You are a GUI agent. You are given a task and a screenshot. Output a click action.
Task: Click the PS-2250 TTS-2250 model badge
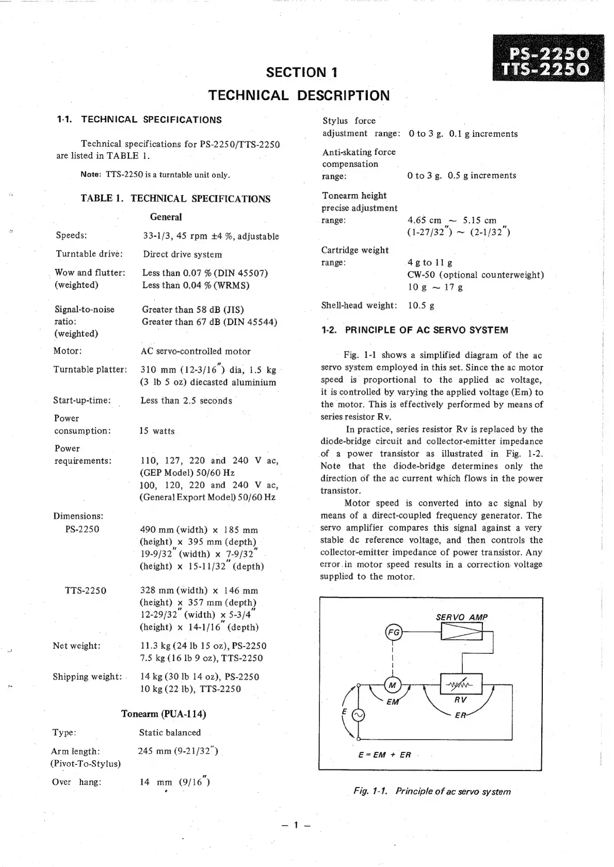548,61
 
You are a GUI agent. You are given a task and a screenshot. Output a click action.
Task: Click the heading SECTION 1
302,72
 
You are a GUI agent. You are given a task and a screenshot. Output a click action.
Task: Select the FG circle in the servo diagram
394,632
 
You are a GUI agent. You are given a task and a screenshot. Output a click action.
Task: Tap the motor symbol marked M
393,685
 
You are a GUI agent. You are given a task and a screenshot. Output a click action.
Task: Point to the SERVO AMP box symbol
461,631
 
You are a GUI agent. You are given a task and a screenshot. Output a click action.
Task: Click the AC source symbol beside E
358,715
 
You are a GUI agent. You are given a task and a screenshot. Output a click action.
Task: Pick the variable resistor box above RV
461,684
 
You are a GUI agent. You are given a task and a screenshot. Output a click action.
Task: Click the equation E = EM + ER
385,754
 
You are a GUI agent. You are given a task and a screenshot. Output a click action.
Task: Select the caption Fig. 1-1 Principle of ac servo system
432,791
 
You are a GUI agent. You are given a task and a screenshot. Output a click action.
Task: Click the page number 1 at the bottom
296,825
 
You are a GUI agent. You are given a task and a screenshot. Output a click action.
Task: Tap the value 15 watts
157,431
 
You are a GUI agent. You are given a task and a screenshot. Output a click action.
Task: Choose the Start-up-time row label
82,400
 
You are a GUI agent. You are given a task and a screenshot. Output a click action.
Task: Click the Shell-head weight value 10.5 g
421,306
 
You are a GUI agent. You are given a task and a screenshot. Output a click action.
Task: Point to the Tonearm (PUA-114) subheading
164,714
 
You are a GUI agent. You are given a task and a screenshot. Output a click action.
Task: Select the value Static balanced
170,732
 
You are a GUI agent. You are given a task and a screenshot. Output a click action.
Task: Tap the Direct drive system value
183,254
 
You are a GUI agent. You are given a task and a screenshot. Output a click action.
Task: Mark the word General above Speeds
166,217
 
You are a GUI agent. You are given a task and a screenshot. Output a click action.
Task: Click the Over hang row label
77,782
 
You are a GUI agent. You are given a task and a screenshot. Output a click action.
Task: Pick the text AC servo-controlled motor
196,351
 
